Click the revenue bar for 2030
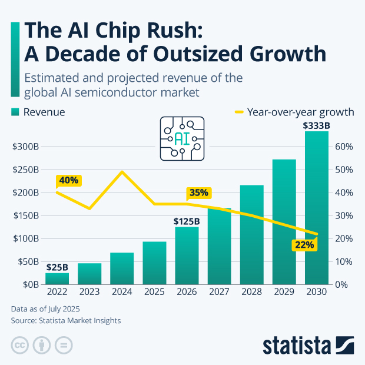pos(316,212)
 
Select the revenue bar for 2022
pos(57,278)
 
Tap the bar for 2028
pos(251,235)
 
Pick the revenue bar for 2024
pos(122,268)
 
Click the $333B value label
pos(316,125)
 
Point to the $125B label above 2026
pos(187,221)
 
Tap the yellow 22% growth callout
pos(304,244)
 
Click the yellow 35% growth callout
pos(199,193)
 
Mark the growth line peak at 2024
pos(122,172)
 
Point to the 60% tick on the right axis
pos(344,147)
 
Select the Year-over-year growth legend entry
pos(294,112)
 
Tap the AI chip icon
pos(182,138)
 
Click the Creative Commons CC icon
pos(20,345)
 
